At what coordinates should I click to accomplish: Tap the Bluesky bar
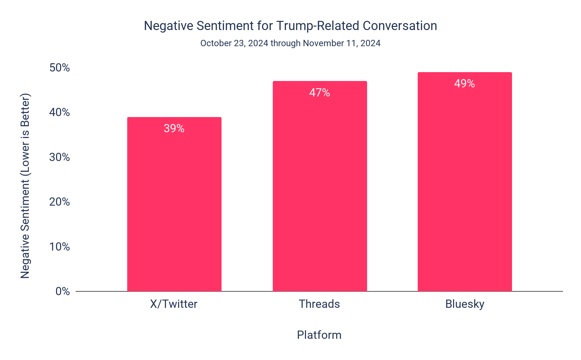465,190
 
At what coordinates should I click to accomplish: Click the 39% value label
174,128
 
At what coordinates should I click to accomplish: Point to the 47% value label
320,93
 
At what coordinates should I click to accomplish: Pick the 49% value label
465,84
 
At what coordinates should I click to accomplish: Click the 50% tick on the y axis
59,68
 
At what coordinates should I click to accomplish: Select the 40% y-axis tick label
59,112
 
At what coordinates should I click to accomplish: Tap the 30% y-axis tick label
59,157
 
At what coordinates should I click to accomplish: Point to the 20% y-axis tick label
59,202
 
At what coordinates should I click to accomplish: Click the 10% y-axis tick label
59,247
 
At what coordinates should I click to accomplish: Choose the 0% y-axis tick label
63,291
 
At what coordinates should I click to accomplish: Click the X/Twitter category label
174,304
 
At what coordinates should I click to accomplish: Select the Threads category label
319,304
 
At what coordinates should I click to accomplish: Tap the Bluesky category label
465,304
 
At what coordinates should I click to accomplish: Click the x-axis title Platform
319,335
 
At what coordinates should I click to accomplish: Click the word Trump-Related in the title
318,26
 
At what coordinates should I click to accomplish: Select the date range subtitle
290,43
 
